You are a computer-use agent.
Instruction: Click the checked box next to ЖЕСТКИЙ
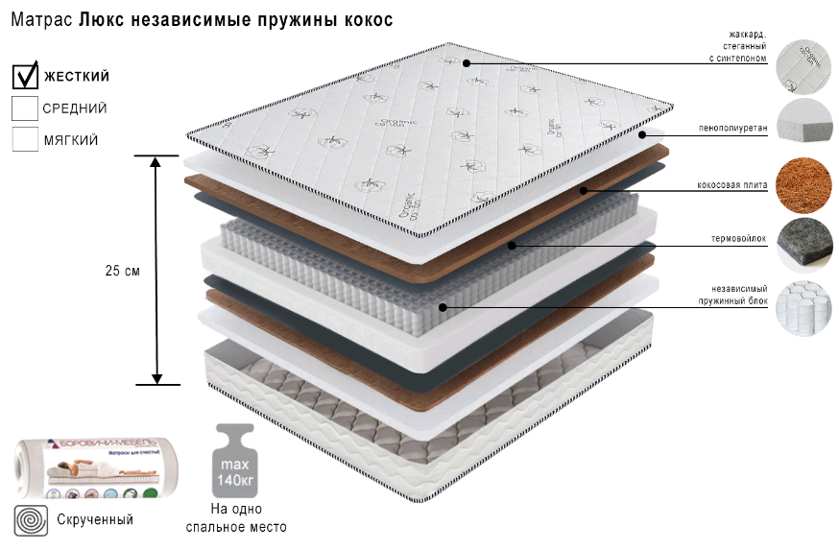tap(25, 77)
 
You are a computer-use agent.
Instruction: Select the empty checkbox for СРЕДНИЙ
tap(24, 108)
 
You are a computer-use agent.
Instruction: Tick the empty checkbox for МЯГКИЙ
tap(24, 140)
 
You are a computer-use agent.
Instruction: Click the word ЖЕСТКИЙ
tap(77, 77)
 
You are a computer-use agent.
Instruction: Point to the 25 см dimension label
tap(122, 271)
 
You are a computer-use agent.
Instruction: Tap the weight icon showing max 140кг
tap(234, 459)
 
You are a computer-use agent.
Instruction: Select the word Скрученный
tap(94, 520)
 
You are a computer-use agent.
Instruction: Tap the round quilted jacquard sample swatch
tap(804, 64)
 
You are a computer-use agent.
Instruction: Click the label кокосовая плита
tap(731, 185)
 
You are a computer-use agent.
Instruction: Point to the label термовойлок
tap(738, 237)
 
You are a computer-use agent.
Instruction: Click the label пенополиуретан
tap(732, 128)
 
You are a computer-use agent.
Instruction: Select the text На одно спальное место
tap(234, 518)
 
